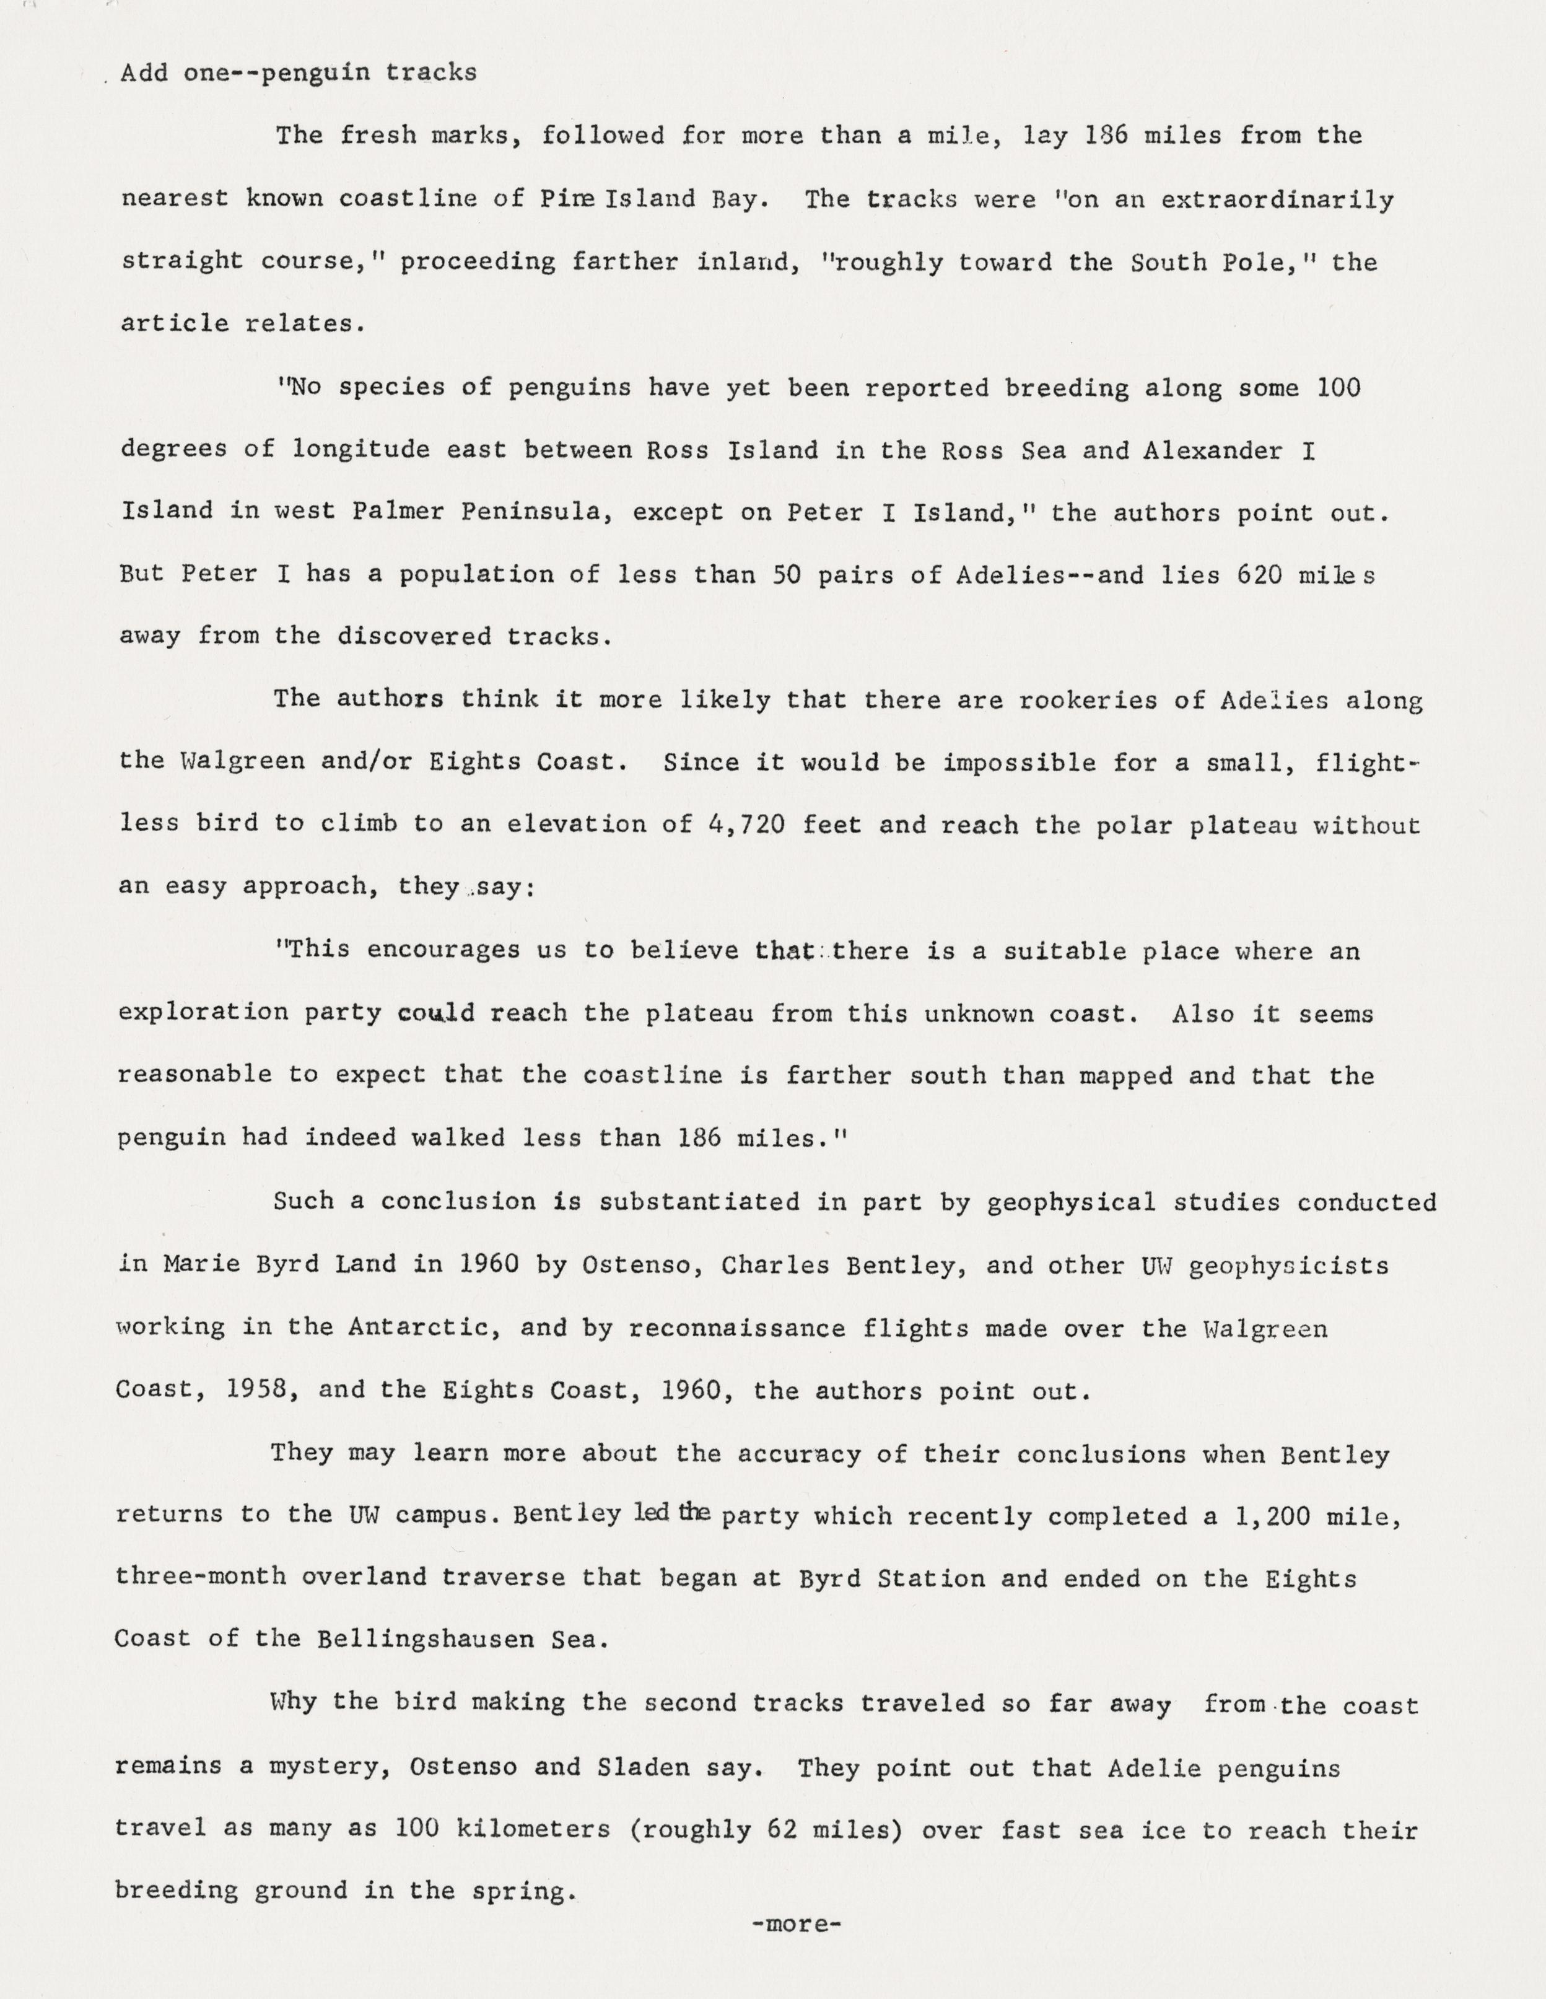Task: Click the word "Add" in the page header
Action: tap(144, 72)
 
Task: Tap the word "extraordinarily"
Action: tap(1277, 199)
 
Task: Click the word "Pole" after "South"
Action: tap(1261, 263)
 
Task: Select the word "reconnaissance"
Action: tap(737, 1328)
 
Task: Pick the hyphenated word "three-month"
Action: tap(201, 1578)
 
